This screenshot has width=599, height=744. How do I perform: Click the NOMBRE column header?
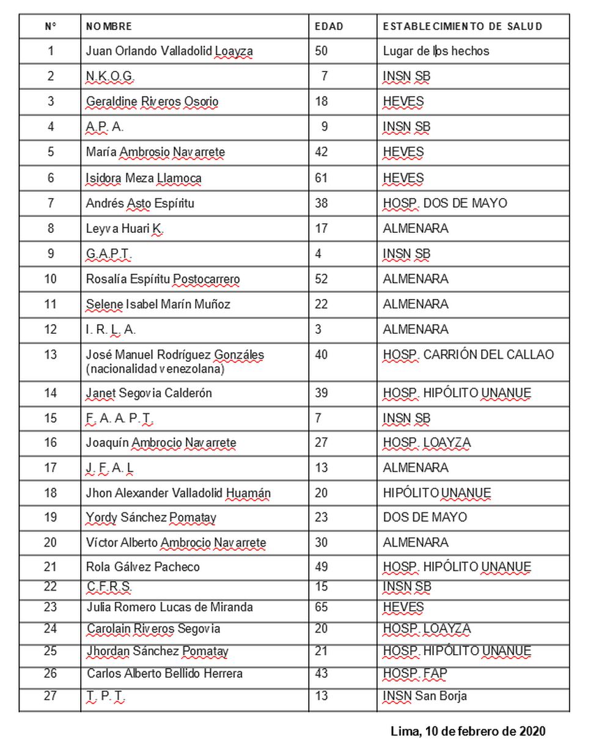coord(109,26)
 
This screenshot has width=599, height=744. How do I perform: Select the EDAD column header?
coord(329,26)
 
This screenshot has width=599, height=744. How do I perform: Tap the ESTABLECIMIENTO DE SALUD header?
coord(462,26)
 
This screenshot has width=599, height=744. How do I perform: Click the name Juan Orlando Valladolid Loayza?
coord(169,51)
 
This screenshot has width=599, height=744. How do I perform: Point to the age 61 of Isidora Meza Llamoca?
coord(322,178)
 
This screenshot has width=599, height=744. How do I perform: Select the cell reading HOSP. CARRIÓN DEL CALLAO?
coord(468,355)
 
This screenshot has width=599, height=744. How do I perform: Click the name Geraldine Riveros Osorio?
coord(152,101)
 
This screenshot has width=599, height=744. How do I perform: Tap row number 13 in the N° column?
coord(51,355)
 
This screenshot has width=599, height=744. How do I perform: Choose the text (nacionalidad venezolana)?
coord(155,369)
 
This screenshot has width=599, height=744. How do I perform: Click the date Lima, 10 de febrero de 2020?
coord(468,731)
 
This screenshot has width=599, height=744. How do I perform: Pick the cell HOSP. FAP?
coord(415,674)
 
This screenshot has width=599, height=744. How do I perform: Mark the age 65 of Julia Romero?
coord(322,607)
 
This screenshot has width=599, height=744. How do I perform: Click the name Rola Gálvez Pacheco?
coord(142,567)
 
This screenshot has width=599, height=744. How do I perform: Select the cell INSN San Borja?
coord(425,696)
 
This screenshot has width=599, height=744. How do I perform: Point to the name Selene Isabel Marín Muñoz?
coord(158,304)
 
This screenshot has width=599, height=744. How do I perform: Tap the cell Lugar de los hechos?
coord(436,51)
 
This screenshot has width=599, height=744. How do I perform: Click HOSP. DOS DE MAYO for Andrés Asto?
coord(444,203)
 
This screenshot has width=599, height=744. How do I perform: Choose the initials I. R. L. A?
coord(111,330)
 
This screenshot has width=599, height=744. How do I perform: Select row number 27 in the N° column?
coord(51,696)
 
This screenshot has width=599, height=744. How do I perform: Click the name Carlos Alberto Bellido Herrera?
coord(164,674)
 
